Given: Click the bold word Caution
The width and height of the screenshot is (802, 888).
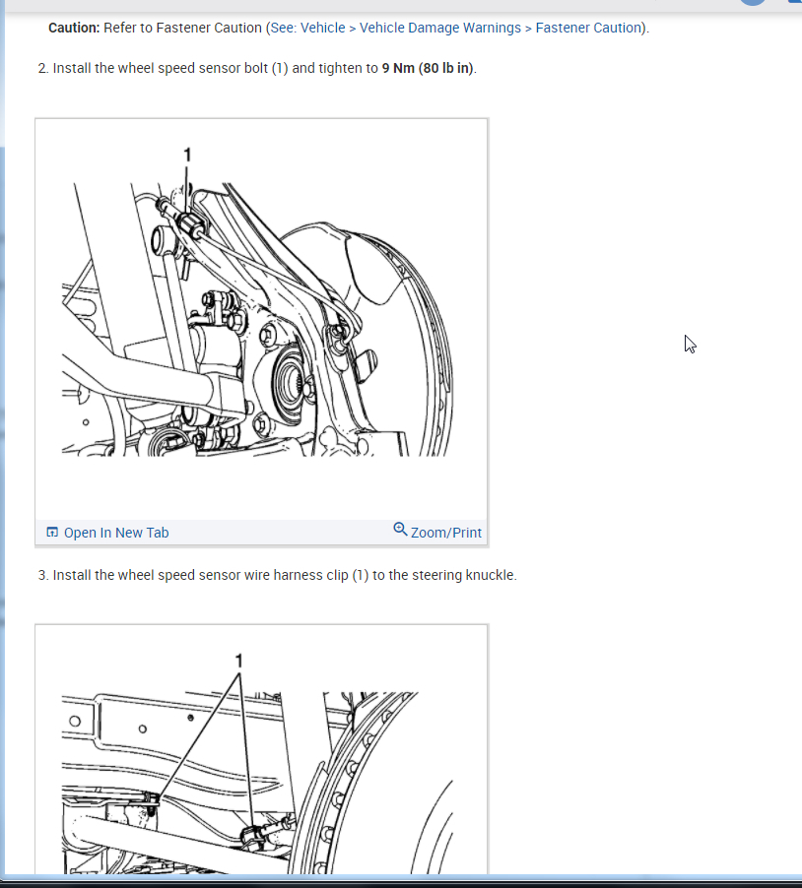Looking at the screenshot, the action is click(74, 28).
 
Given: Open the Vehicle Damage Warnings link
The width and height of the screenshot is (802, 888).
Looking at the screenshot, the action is click(439, 28).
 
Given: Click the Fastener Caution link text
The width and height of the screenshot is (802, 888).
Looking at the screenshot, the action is click(588, 28).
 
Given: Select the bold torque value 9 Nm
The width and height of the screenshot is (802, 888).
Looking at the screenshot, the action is click(398, 68).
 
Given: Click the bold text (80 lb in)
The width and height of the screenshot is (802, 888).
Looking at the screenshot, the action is click(446, 68).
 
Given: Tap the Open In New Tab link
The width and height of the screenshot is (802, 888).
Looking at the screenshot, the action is click(116, 533).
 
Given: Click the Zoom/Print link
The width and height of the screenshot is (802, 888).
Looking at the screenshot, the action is click(446, 533).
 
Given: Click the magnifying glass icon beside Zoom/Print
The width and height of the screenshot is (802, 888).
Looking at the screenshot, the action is click(400, 529).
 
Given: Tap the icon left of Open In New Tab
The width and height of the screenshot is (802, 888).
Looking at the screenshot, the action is click(52, 533).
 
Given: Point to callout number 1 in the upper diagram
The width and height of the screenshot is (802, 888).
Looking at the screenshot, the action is click(187, 155).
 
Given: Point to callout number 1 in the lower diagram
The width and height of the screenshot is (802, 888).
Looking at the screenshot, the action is click(238, 661).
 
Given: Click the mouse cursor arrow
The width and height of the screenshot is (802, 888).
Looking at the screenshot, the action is click(690, 345).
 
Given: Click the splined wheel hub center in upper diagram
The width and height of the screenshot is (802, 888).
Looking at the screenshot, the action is click(291, 378).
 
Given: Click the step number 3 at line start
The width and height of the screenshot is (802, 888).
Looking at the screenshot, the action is click(43, 575).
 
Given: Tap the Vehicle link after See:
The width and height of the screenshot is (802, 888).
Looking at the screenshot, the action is click(322, 28).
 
